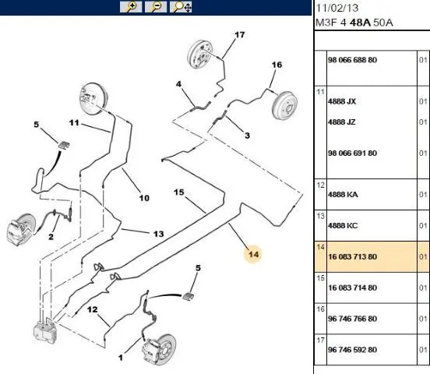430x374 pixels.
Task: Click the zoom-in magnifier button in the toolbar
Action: coord(131,7)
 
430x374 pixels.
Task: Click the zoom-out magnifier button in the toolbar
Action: coord(156,7)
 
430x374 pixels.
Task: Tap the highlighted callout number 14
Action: coord(253,254)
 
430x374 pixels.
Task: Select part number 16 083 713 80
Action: coord(352,257)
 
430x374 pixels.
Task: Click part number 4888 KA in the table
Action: coord(343,195)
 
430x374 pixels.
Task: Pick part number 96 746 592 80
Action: coord(352,350)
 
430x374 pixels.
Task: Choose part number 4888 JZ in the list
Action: coord(342,122)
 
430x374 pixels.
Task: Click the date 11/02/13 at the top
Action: coord(337,8)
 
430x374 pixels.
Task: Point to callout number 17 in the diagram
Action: coord(239,35)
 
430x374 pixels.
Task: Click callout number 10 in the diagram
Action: coord(144,198)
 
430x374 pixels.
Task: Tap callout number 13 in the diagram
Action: coord(158,234)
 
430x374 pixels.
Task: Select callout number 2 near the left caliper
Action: coord(51,237)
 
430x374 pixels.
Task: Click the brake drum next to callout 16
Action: coord(284,105)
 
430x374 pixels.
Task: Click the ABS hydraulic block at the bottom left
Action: coord(44,330)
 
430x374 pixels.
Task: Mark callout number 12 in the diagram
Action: coord(93,309)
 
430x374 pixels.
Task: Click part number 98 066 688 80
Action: coord(352,60)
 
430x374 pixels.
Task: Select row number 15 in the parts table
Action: coord(321,278)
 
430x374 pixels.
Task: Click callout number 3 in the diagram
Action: coord(248,136)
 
